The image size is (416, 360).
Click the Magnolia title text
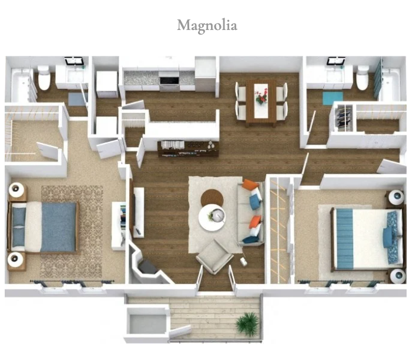[207, 26]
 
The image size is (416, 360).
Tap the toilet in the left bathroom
[44, 78]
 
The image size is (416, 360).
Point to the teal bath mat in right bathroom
[333, 98]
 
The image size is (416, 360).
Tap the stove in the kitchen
[169, 80]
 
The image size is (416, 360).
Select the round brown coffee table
[212, 198]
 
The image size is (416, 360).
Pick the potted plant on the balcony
[247, 324]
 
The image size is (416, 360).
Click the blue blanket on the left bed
[59, 227]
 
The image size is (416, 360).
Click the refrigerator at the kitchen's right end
[206, 74]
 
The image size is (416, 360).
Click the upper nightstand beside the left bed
[18, 191]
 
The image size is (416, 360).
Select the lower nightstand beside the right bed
[397, 275]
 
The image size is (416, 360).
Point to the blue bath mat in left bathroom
[76, 99]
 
